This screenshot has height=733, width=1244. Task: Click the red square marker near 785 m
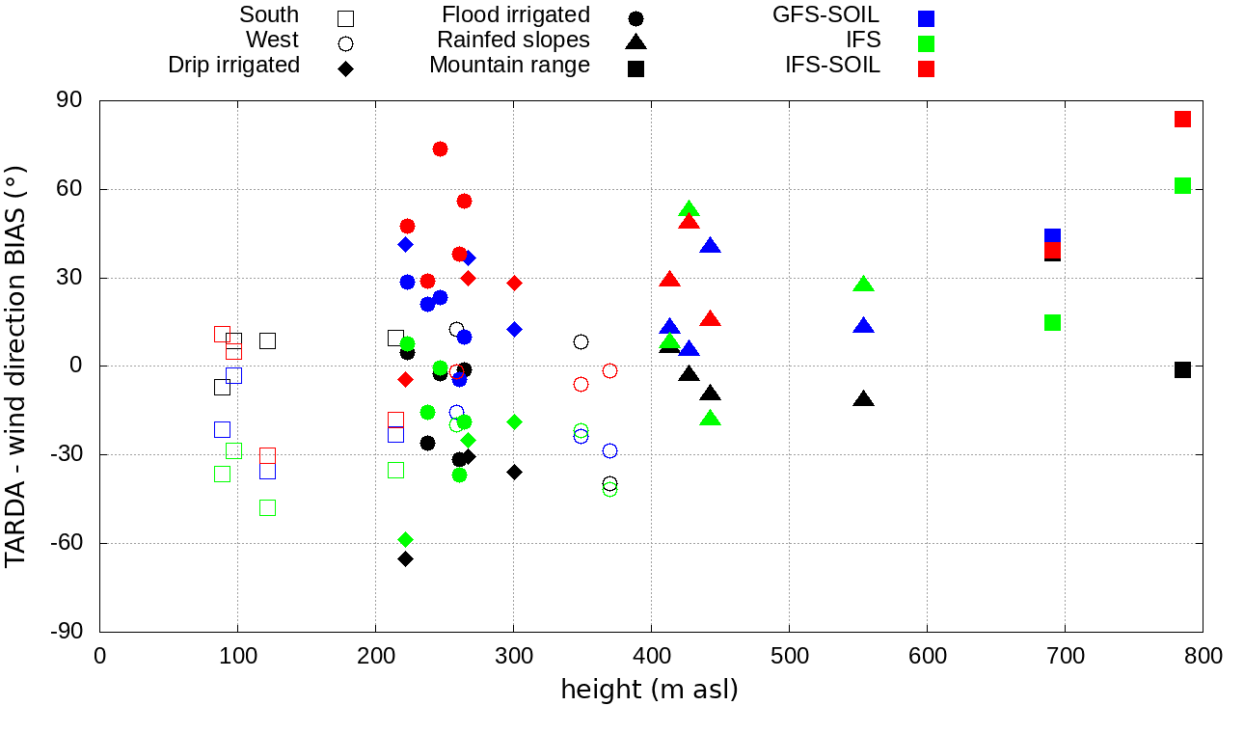1182,120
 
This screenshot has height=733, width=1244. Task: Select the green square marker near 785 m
1182,186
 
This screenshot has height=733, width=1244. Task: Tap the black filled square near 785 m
1182,369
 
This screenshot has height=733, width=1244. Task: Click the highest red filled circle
440,149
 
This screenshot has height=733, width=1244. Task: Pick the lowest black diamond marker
406,558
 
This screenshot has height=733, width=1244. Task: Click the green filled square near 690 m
1052,322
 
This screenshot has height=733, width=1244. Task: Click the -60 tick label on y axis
66,543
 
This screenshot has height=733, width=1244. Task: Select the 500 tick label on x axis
789,656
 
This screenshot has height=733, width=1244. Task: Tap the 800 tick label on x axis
1203,656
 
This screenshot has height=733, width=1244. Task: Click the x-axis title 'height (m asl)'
650,691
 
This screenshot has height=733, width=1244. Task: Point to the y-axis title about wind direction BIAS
16,366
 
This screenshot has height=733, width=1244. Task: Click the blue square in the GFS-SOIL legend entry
927,18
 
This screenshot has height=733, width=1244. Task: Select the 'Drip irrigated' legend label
234,66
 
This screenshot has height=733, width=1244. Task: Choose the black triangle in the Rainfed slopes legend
635,42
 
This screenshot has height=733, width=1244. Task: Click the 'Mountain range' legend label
509,66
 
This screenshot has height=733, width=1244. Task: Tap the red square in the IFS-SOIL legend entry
927,68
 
